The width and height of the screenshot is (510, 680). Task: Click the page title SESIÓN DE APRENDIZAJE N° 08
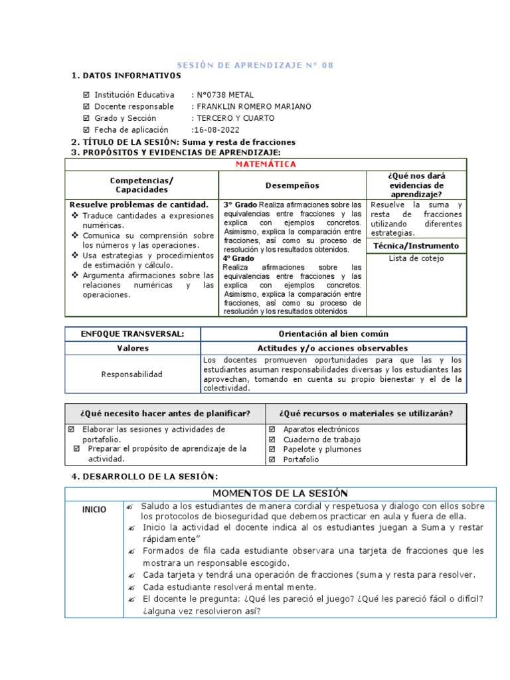(255, 65)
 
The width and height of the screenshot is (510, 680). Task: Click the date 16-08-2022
(217, 130)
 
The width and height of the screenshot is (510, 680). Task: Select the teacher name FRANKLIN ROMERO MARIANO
(252, 106)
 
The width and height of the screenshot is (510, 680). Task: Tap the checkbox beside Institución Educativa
(85, 95)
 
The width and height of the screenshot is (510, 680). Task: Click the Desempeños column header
(292, 185)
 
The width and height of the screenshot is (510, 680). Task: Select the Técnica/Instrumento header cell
(416, 246)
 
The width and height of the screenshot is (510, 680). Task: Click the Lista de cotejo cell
(416, 259)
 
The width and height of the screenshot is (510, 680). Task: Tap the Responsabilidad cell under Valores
(131, 374)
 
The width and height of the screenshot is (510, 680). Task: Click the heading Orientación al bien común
(333, 333)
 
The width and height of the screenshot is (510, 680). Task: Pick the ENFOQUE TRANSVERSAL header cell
(132, 333)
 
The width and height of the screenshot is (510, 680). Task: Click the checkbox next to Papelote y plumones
(272, 450)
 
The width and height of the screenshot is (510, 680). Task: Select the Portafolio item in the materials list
(301, 460)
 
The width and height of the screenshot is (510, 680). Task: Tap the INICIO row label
(94, 510)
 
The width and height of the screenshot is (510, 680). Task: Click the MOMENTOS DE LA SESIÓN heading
(280, 493)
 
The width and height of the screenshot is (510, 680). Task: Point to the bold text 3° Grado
(240, 205)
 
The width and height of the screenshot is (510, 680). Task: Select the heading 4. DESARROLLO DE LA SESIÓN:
(144, 477)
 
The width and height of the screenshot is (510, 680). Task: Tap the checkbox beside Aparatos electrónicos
(272, 430)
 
